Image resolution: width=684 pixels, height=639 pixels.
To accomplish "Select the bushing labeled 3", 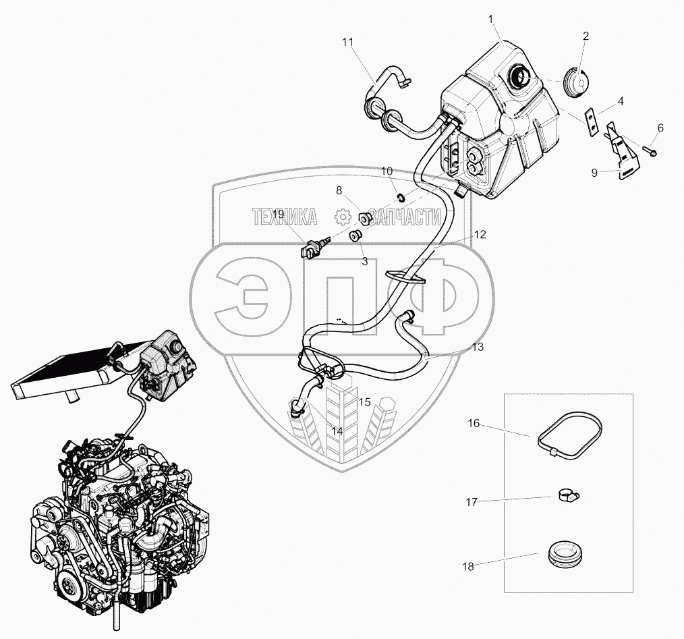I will (x=355, y=235).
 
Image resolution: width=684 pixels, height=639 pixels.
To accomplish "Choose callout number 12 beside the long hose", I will (x=480, y=235).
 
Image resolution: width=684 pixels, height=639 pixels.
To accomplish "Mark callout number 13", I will (x=478, y=347).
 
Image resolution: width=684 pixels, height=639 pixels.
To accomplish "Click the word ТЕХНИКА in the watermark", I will (x=284, y=217).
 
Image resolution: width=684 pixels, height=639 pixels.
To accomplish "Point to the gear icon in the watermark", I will (x=342, y=217).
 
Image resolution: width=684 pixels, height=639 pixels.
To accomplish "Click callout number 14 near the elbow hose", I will (x=337, y=428).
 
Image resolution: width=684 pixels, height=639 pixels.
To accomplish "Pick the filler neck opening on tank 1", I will (x=521, y=76).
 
